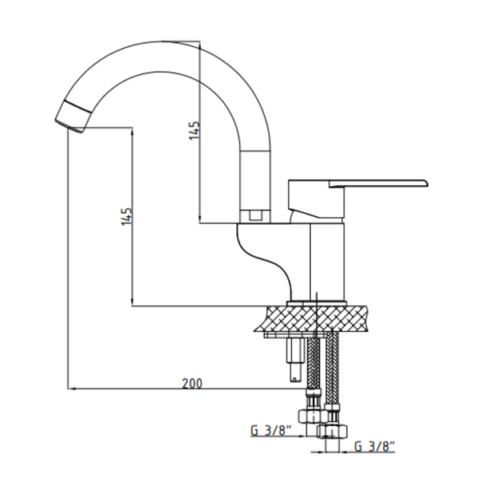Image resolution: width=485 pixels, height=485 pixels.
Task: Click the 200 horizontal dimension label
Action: point(192,384)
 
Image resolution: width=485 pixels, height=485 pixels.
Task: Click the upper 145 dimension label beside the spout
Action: point(195,131)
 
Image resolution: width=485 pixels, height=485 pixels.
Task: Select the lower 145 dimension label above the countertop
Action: point(127,216)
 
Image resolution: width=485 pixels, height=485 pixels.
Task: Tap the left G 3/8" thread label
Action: point(271,431)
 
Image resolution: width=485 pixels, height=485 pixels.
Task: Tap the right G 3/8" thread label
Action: point(375,447)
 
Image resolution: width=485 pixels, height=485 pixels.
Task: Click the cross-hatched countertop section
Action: point(312,318)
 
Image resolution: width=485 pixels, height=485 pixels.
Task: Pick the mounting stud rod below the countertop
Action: point(295,360)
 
